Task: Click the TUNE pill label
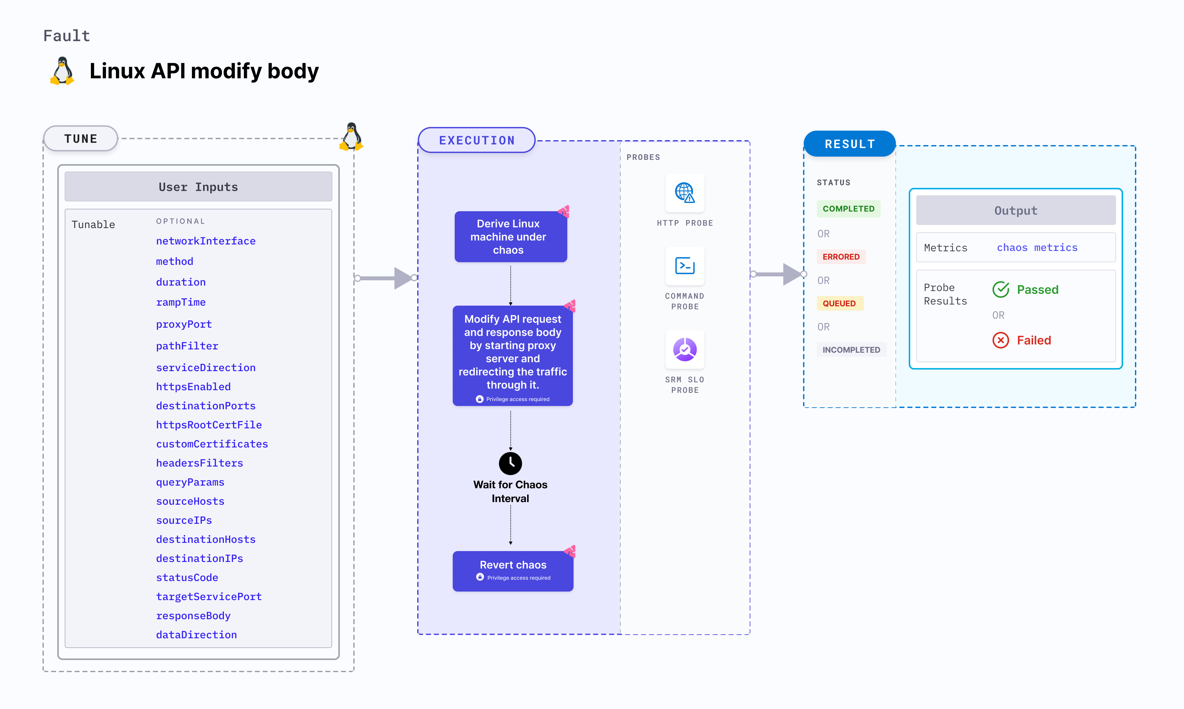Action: pos(80,139)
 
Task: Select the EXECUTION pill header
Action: pos(476,140)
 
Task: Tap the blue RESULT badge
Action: pos(849,144)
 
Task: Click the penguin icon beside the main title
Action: pos(62,71)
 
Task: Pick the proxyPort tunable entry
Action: pos(183,324)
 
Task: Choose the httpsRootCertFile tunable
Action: pos(208,425)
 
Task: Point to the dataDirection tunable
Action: pos(196,634)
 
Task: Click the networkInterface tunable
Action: pos(205,241)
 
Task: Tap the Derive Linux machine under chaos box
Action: pos(510,237)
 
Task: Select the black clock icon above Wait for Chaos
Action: pos(510,463)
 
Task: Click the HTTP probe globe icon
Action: pos(685,192)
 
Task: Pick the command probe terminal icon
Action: pos(685,266)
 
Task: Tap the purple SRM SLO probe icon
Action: pos(685,350)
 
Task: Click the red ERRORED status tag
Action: pos(841,257)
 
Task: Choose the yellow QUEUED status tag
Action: pos(839,303)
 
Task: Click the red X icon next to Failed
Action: pos(1001,340)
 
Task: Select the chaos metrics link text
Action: pos(1037,247)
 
